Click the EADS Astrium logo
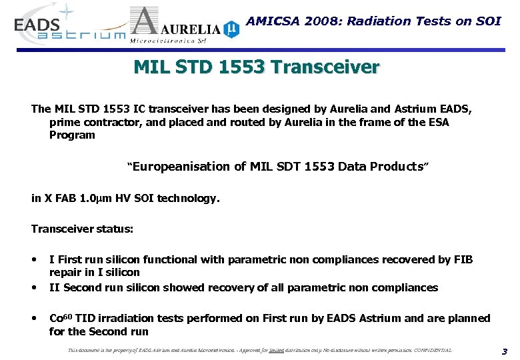67,27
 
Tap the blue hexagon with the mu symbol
231,29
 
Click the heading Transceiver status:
82,229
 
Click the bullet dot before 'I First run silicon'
35,259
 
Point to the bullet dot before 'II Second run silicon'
35,288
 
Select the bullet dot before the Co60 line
35,319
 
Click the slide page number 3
504,351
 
